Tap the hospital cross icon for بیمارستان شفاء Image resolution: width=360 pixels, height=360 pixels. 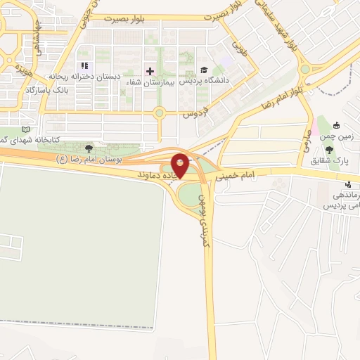click(x=149, y=71)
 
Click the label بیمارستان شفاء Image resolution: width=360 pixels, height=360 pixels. click(x=148, y=82)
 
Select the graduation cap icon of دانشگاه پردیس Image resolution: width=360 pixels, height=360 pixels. click(x=204, y=70)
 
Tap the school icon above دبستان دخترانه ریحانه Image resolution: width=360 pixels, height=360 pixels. click(x=85, y=65)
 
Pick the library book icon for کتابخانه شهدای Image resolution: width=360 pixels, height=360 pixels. click(x=26, y=129)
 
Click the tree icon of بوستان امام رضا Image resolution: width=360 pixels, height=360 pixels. click(x=88, y=148)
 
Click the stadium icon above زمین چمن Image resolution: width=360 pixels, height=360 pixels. click(x=337, y=126)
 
